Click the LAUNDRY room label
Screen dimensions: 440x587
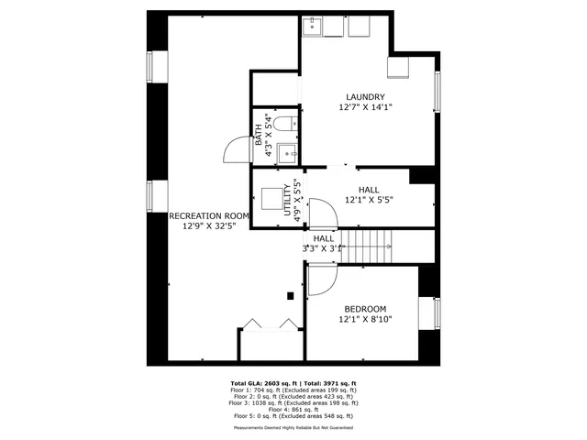[x=365, y=97]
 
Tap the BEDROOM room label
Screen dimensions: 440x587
[x=365, y=309]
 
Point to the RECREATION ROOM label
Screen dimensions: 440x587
[x=209, y=216]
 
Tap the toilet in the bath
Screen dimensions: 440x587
[x=283, y=123]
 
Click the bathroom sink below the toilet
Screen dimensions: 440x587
[x=286, y=152]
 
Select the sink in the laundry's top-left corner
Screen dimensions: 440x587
[x=314, y=25]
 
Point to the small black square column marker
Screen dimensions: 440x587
[x=290, y=295]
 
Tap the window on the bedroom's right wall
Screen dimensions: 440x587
[x=437, y=313]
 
